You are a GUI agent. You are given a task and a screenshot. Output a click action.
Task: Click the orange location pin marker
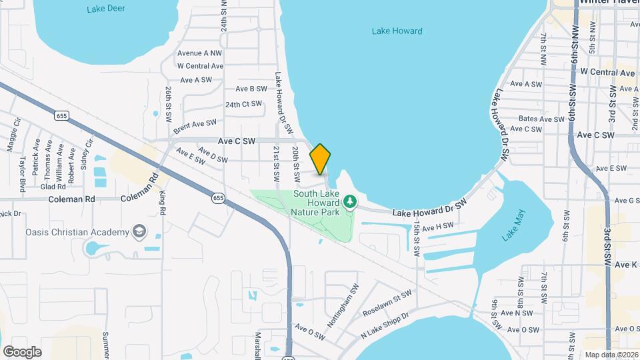pyautogui.click(x=320, y=159)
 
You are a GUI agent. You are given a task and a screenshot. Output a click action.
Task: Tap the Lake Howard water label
pyautogui.click(x=397, y=31)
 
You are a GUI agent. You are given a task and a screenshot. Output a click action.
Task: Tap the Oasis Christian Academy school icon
pyautogui.click(x=139, y=232)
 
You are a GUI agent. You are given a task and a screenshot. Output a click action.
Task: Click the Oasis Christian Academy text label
pyautogui.click(x=77, y=232)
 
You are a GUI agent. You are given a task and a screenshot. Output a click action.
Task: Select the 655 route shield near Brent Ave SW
pyautogui.click(x=62, y=116)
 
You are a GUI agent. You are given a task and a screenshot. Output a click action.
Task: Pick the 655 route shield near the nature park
pyautogui.click(x=219, y=198)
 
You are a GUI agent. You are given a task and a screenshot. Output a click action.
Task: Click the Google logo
pyautogui.click(x=22, y=351)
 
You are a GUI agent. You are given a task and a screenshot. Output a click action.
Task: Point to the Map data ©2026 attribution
pyautogui.click(x=611, y=355)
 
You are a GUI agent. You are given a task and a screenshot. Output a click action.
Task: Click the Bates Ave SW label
pyautogui.click(x=541, y=119)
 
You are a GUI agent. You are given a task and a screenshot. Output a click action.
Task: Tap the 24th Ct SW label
pyautogui.click(x=243, y=105)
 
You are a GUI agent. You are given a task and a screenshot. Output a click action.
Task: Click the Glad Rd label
pyautogui.click(x=53, y=187)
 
